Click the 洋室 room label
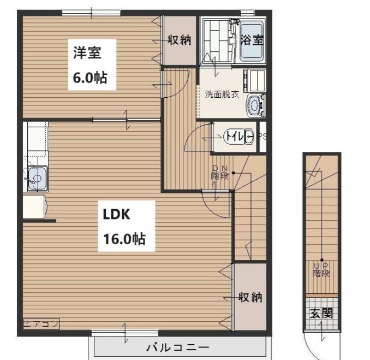pyautogui.click(x=87, y=52)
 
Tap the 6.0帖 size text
pyautogui.click(x=90, y=78)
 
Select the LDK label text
pyautogui.click(x=117, y=214)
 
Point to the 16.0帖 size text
pyautogui.click(x=124, y=239)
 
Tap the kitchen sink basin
pyautogui.click(x=37, y=179)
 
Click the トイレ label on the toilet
pyautogui.click(x=235, y=137)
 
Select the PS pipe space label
pyautogui.click(x=262, y=137)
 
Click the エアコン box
pyautogui.click(x=41, y=324)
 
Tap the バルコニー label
pyautogui.click(x=178, y=347)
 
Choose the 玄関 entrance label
pyautogui.click(x=321, y=313)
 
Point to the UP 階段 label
pyautogui.click(x=321, y=270)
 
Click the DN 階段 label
pyautogui.click(x=220, y=173)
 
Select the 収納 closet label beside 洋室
pyautogui.click(x=179, y=40)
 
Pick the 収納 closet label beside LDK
pyautogui.click(x=250, y=297)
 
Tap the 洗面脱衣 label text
pyautogui.click(x=222, y=95)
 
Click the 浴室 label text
pyautogui.click(x=252, y=40)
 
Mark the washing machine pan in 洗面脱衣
pyautogui.click(x=255, y=80)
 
